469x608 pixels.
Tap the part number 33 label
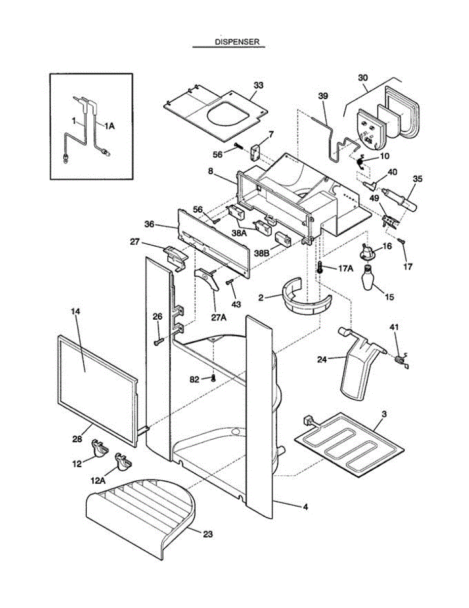[x=259, y=85]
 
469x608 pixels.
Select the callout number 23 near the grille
[x=208, y=534]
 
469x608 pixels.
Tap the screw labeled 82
[x=214, y=377]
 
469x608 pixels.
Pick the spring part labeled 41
[x=400, y=360]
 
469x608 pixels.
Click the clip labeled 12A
[x=123, y=461]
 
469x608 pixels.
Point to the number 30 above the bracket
[x=363, y=78]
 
